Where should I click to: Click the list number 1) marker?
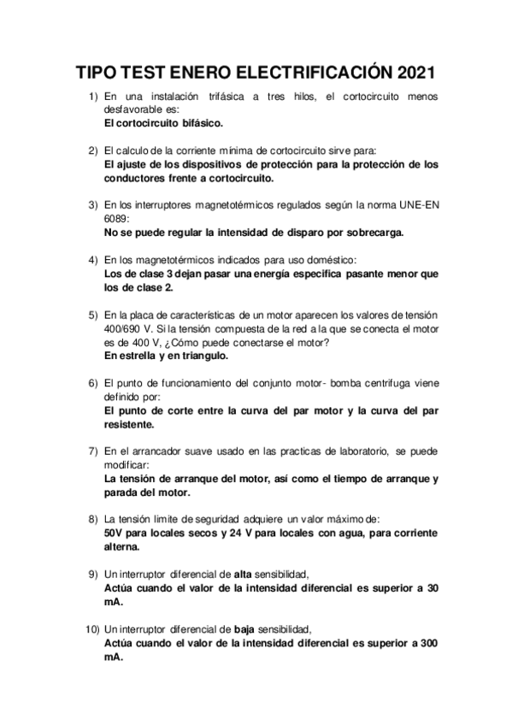pyautogui.click(x=94, y=97)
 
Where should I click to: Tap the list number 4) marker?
pyautogui.click(x=94, y=259)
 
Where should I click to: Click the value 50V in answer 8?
pyautogui.click(x=114, y=531)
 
